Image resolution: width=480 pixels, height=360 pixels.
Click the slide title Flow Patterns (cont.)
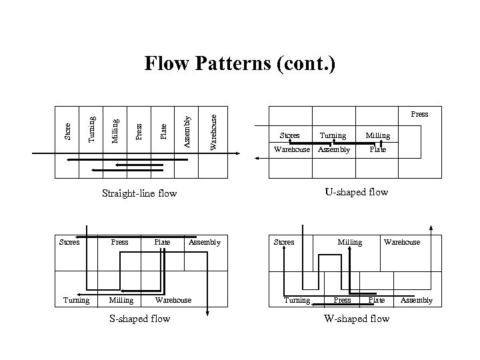(240, 64)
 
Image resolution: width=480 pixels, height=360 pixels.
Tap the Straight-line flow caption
(139, 194)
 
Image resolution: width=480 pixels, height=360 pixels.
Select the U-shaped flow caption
(356, 192)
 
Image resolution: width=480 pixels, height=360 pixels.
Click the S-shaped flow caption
(139, 319)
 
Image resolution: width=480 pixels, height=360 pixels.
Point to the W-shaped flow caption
(356, 319)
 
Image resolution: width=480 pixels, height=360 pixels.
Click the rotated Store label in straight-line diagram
(67, 131)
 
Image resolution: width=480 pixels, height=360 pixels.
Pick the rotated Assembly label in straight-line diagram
(188, 131)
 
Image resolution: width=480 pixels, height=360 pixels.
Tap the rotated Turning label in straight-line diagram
(92, 129)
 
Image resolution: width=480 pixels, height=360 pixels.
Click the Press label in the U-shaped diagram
(419, 114)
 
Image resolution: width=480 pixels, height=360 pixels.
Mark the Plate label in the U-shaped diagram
(378, 149)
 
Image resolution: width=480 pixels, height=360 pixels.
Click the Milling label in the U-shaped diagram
(377, 136)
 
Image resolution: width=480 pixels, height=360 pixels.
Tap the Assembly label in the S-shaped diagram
(204, 242)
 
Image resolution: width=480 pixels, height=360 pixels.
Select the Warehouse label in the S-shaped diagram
(173, 300)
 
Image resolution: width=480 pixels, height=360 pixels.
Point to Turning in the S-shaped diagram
(76, 300)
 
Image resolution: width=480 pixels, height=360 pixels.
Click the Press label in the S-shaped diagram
(119, 242)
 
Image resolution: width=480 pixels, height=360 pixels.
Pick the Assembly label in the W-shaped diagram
(416, 300)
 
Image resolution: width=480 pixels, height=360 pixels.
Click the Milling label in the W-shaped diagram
(350, 242)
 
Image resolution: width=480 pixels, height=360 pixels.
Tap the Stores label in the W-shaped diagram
(284, 242)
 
